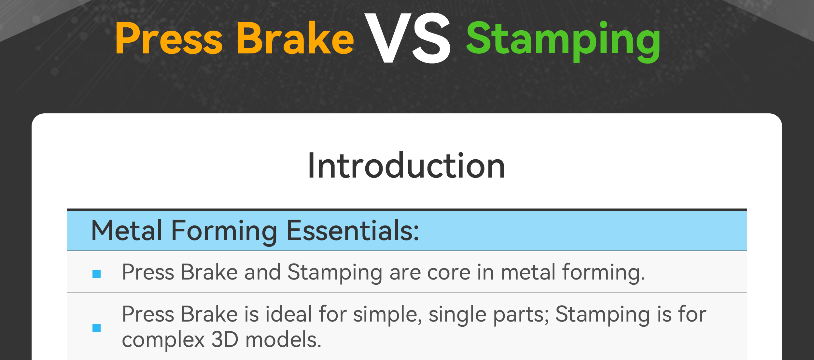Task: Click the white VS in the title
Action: pos(408,38)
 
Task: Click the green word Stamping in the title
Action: pos(563,42)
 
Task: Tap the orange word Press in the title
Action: pos(169,38)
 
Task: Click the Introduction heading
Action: pos(406,166)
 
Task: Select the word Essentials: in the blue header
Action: pos(353,231)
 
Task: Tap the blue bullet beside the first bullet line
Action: pos(97,274)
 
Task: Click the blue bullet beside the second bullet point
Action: pos(97,328)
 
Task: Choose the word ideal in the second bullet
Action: pos(289,314)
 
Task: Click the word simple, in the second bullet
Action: pos(387,315)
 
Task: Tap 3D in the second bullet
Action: pos(225,340)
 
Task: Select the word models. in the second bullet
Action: pos(283,339)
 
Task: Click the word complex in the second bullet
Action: pos(163,341)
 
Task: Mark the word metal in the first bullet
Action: pos(528,272)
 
